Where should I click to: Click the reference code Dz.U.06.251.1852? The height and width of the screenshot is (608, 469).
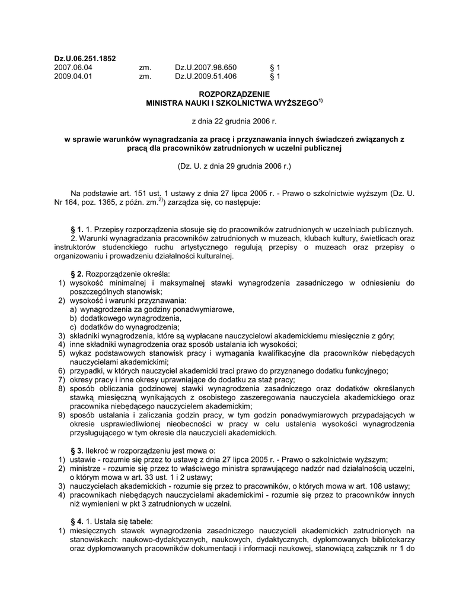point(85,59)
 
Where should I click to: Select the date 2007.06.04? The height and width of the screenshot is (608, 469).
point(74,68)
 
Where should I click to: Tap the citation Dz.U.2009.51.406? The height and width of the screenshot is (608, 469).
point(206,77)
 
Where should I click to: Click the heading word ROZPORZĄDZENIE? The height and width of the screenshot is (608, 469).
point(234,94)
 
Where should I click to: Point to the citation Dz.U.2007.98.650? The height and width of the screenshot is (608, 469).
point(206,68)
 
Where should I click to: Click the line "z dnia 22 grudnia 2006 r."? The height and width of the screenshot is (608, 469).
point(234,121)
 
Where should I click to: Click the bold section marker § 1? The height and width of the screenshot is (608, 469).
point(77,229)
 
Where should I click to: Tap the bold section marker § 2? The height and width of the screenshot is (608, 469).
point(77,274)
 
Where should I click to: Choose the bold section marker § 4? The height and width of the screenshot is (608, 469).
point(77,522)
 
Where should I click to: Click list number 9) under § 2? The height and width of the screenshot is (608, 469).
point(62,415)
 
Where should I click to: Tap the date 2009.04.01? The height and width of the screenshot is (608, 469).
point(74,77)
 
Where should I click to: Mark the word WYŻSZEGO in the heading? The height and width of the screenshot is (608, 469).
point(292,103)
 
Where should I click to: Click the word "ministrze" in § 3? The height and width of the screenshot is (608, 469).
point(87,468)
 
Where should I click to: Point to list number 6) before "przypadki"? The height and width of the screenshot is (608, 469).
point(62,371)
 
